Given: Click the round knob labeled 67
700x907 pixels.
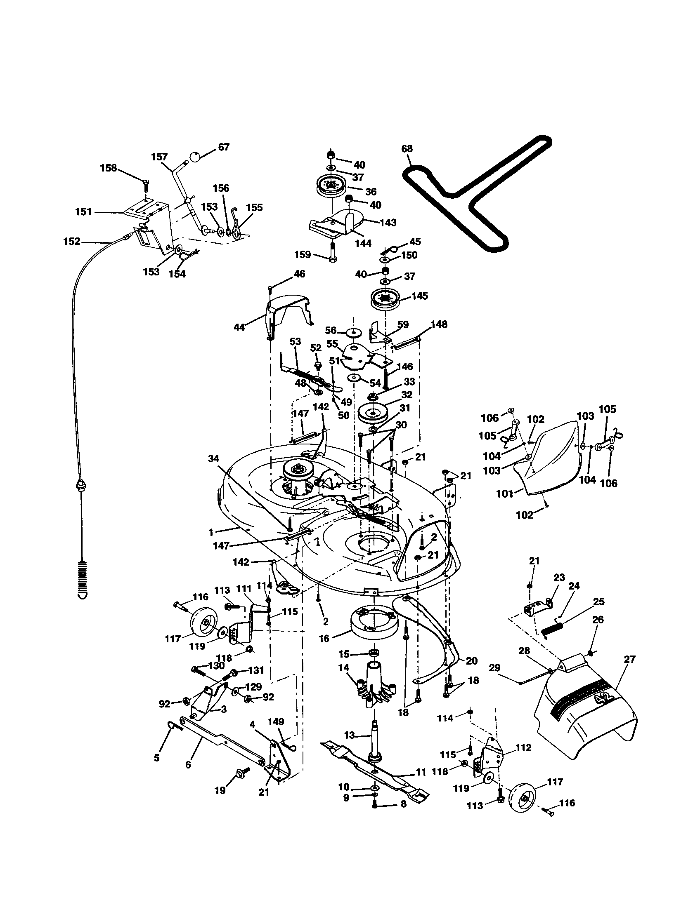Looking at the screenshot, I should coord(196,157).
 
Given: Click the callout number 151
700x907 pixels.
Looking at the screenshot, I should coord(83,212).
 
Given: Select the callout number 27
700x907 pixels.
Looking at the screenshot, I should coord(630,660).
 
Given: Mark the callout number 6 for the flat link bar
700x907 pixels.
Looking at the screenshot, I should coord(188,764).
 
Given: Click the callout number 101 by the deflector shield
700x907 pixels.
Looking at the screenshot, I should coord(505,494).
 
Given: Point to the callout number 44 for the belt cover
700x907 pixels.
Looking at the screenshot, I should coord(239,327).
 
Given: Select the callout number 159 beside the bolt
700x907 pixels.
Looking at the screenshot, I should coord(303,254).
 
